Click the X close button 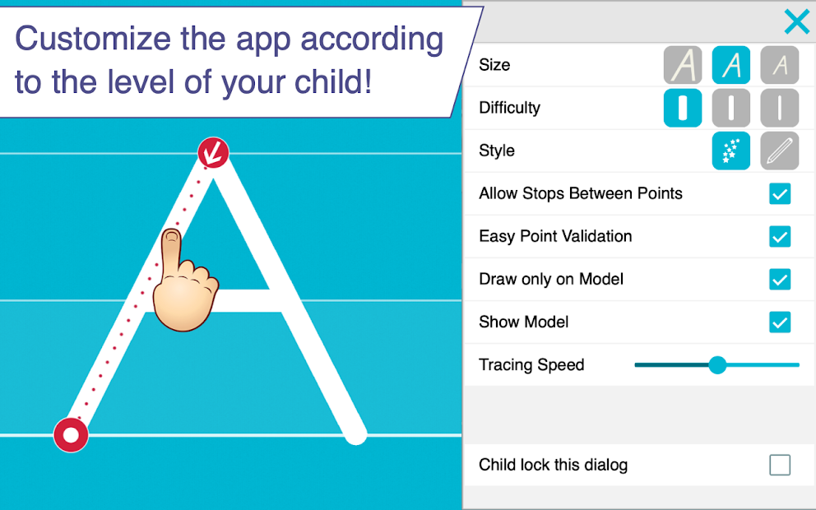pos(796,22)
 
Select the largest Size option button pos(683,65)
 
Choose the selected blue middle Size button pos(730,65)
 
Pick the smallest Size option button pos(779,65)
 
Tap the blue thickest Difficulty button pos(683,108)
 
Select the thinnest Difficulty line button pos(779,108)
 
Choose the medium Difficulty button pos(730,108)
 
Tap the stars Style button pos(730,151)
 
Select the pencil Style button pos(779,151)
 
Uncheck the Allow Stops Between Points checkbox pos(779,194)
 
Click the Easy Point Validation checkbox pos(779,237)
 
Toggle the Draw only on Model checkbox pos(779,280)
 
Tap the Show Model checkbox pos(779,322)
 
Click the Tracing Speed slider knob pos(717,365)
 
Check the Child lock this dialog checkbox pos(779,466)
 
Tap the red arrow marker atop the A pos(213,152)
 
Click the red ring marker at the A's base pos(72,434)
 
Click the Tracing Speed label pos(531,365)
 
